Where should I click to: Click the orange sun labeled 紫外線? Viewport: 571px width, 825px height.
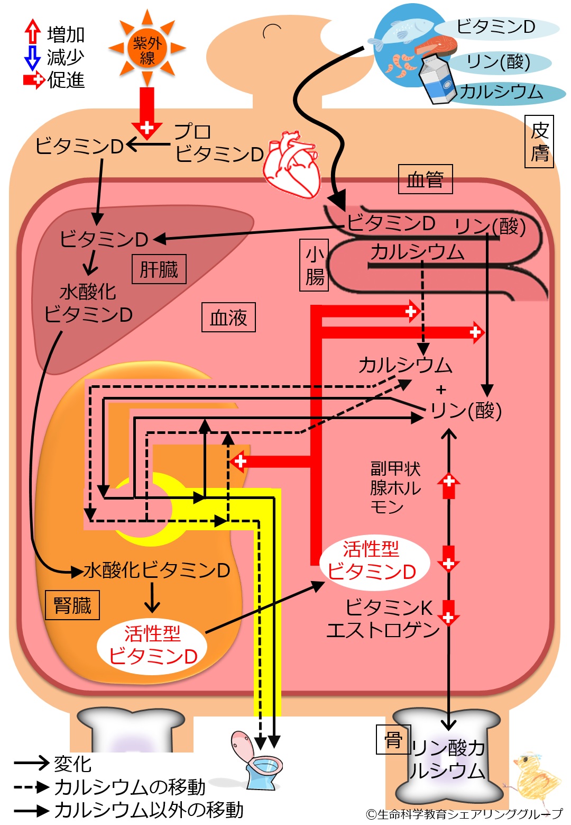(147, 48)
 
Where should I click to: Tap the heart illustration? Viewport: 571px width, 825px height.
(291, 164)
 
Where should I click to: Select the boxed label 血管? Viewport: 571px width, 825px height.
(425, 179)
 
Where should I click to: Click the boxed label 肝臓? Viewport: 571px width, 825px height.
(159, 269)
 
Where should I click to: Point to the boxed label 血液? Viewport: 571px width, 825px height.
(228, 317)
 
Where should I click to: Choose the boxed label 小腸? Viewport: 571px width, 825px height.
(314, 265)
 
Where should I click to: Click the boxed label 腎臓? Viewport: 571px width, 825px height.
(72, 605)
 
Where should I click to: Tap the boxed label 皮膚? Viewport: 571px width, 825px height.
(539, 141)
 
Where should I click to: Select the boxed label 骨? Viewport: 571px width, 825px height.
(393, 739)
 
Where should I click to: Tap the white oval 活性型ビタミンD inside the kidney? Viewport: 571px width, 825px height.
(152, 646)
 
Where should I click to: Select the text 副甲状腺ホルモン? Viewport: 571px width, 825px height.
(395, 488)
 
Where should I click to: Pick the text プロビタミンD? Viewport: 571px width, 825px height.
(219, 143)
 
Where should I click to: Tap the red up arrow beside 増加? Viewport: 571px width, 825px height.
(32, 32)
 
